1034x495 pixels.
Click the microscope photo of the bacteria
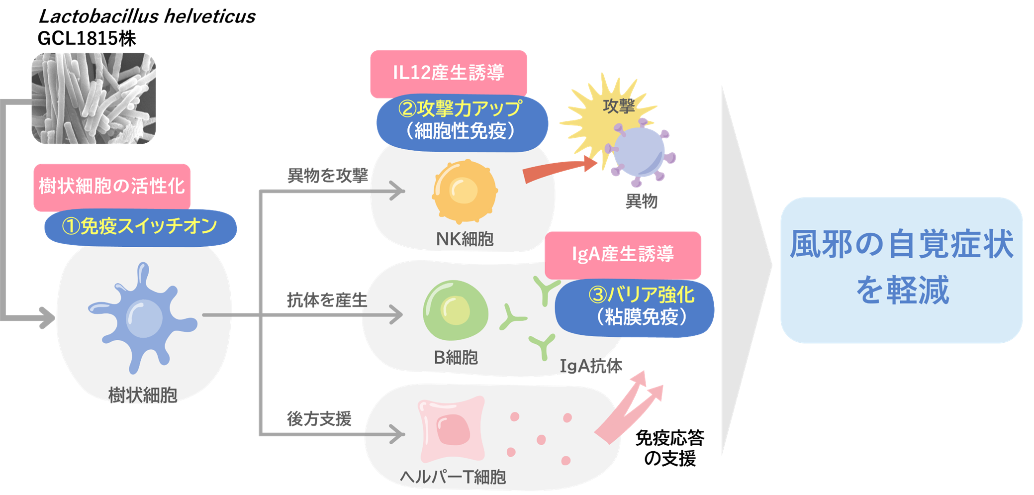point(94,99)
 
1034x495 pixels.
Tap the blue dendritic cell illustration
point(143,318)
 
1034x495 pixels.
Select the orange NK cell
point(464,191)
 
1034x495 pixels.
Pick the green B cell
point(455,310)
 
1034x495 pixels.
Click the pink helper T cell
point(452,429)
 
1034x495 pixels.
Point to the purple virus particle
point(640,152)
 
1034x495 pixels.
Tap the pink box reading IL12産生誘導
point(448,73)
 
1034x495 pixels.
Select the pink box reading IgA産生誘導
point(622,254)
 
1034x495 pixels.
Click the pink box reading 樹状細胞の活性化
point(112,186)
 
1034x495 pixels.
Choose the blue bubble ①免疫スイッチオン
point(140,227)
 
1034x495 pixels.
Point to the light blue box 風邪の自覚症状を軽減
point(901,269)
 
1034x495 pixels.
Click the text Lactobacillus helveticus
point(147,16)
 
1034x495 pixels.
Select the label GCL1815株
point(87,38)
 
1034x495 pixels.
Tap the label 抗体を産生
point(327,300)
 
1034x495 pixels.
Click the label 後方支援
point(319,419)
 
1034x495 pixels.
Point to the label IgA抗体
point(590,366)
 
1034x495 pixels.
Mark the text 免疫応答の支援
point(669,448)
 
